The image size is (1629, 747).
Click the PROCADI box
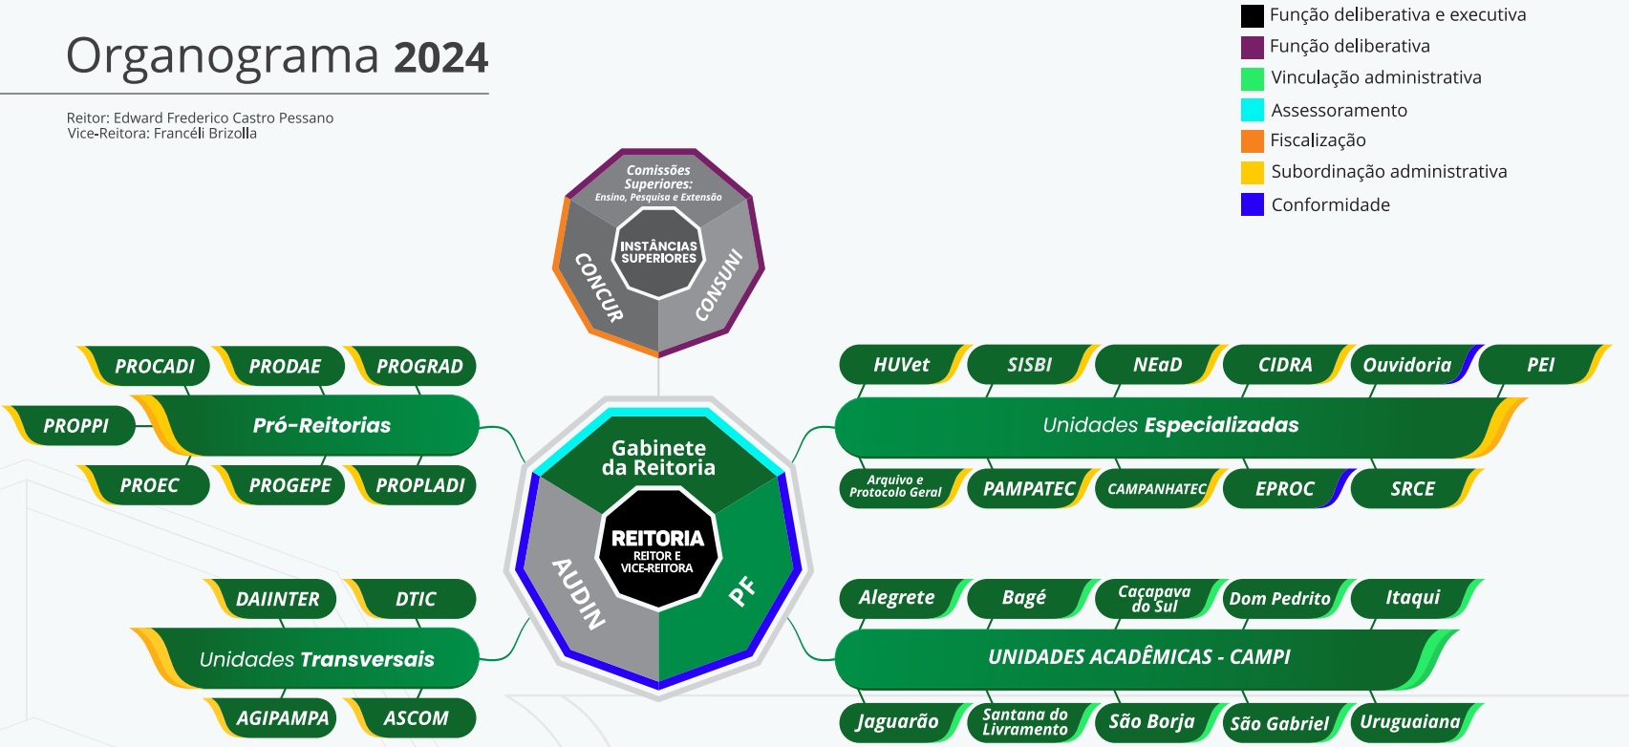153,367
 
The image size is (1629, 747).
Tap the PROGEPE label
289,485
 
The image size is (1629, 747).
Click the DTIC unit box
415,599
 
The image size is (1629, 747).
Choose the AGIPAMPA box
281,718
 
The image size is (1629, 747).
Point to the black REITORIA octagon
658,548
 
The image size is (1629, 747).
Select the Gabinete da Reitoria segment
659,458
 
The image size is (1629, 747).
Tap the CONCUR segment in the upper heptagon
599,286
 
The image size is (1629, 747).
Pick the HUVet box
900,365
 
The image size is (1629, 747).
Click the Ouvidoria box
1406,365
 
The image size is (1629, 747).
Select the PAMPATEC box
1028,489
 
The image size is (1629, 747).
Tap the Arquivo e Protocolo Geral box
895,487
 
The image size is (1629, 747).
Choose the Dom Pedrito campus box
1278,599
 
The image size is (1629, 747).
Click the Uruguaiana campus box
1409,722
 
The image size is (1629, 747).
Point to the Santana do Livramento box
1024,722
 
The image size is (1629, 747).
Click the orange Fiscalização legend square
1252,141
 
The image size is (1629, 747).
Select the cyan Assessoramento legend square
1252,110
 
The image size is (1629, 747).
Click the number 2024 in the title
440,58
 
